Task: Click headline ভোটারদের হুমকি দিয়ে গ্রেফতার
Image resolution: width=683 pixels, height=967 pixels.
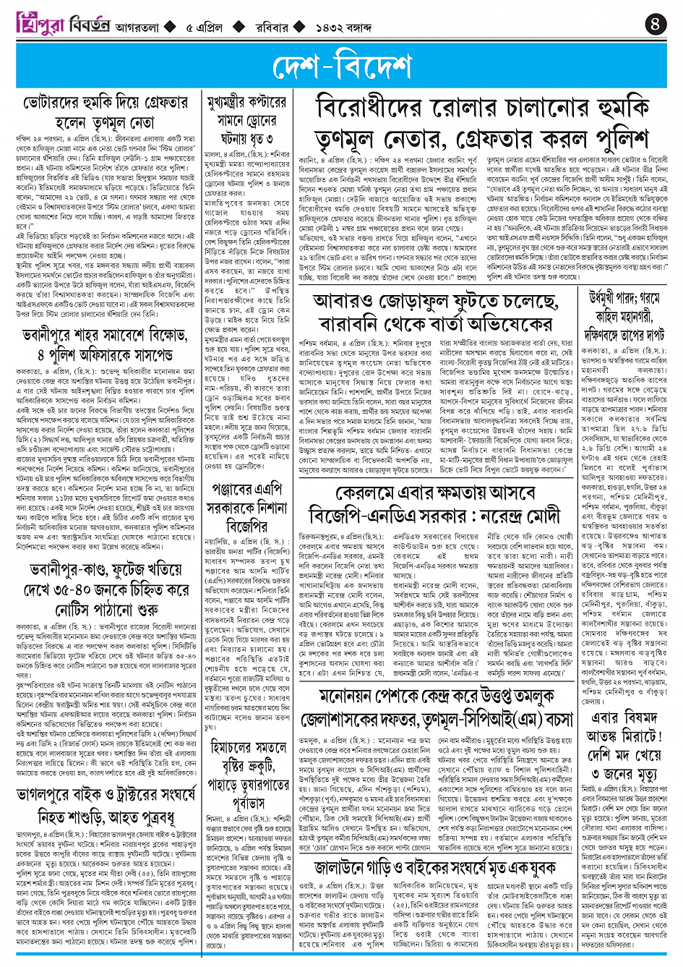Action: coord(106,103)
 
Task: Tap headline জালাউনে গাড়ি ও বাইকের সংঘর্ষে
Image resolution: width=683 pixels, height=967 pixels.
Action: coord(435,869)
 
